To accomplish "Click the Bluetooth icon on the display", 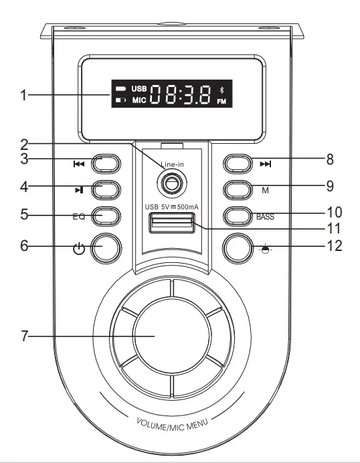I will tap(223, 90).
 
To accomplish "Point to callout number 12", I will tap(334, 246).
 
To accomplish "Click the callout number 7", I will tap(24, 336).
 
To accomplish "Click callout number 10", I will tap(334, 213).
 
